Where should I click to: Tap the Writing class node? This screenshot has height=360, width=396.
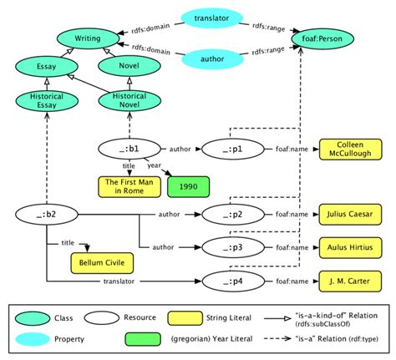click(x=84, y=38)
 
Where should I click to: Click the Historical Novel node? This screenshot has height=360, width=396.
click(x=123, y=102)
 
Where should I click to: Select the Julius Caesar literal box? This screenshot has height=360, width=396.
click(x=347, y=215)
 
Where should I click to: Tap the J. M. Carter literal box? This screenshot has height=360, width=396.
click(x=347, y=280)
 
